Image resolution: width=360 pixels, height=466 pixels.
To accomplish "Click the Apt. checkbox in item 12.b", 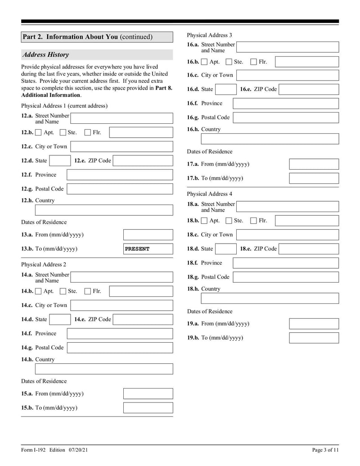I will [x=38, y=132].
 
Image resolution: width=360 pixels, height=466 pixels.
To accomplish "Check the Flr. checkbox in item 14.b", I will [x=88, y=291].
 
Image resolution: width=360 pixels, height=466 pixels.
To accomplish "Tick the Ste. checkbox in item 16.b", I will [x=229, y=62].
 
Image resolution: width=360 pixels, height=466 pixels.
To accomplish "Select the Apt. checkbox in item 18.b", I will [x=204, y=221].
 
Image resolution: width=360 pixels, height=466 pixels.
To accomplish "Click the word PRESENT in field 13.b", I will [x=137, y=249].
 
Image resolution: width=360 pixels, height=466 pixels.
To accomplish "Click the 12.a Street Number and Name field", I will [x=121, y=118].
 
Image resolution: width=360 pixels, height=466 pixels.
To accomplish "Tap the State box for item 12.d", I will [x=59, y=161].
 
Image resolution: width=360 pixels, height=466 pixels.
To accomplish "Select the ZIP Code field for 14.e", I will [x=143, y=320].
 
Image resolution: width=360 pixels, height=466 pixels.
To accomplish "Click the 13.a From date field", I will [x=148, y=235].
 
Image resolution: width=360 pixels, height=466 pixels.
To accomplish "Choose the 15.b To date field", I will [x=148, y=408].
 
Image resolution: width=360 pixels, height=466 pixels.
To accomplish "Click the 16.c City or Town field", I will [x=287, y=75].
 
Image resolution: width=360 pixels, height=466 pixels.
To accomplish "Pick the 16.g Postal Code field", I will [x=286, y=118].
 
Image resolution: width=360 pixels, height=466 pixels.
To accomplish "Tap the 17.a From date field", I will [x=314, y=164].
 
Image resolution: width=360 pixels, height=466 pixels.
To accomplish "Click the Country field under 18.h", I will [x=270, y=298].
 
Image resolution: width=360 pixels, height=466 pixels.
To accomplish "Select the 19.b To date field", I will [x=314, y=338].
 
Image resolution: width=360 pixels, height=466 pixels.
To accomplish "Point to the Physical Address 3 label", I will [x=210, y=35].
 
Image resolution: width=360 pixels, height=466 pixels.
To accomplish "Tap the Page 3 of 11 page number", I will [x=325, y=450].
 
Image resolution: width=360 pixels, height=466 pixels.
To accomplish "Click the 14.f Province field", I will [x=120, y=334].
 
